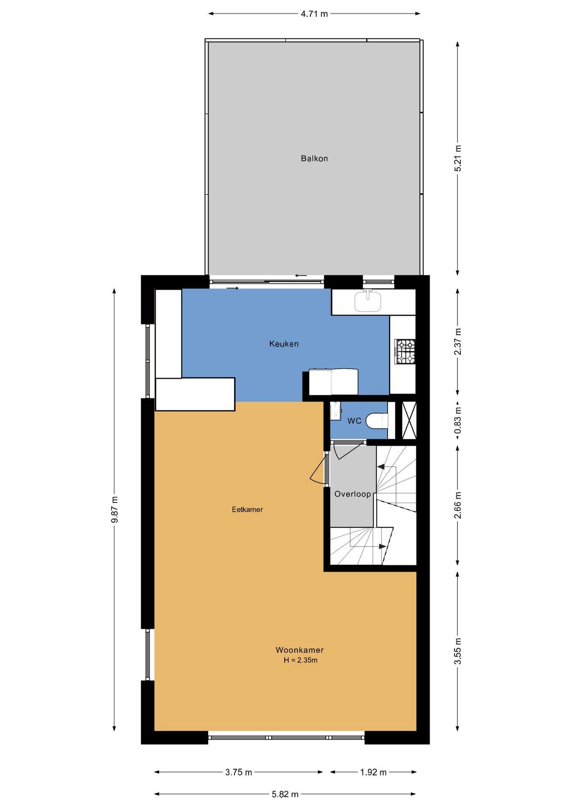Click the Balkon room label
click(314, 159)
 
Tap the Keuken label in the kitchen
click(284, 344)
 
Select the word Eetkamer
click(247, 510)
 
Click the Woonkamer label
click(299, 650)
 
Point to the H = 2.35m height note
click(300, 660)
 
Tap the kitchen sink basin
click(368, 301)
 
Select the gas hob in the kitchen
click(405, 351)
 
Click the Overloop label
click(353, 494)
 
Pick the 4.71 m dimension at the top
click(314, 14)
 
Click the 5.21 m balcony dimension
click(458, 158)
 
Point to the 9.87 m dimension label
click(115, 509)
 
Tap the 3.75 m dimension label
click(239, 772)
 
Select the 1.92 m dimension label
click(373, 772)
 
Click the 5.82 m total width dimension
click(285, 794)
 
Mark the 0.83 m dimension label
click(458, 420)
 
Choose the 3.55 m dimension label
click(458, 651)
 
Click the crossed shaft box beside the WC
click(409, 420)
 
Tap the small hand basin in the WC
click(335, 411)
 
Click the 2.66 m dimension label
click(458, 505)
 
